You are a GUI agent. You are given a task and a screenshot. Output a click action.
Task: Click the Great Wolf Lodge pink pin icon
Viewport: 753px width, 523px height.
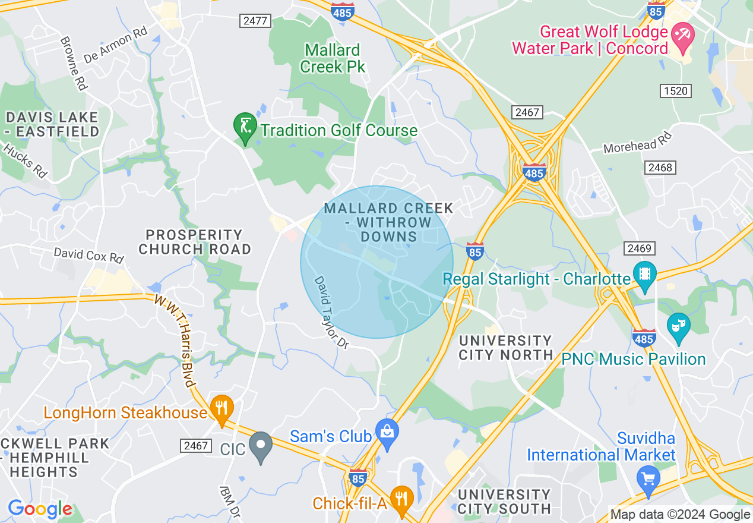click(682, 34)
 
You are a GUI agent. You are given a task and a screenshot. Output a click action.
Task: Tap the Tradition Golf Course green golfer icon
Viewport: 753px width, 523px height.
click(245, 127)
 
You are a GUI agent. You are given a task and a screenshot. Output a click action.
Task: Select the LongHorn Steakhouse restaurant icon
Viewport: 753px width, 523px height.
click(222, 409)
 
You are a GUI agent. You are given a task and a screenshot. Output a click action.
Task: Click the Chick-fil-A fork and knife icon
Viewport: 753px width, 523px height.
click(402, 499)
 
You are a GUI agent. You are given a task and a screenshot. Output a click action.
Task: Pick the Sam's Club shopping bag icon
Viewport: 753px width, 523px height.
click(387, 433)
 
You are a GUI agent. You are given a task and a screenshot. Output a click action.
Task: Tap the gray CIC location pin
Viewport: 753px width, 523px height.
click(260, 446)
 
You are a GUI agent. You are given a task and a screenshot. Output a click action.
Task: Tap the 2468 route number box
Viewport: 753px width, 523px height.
click(660, 168)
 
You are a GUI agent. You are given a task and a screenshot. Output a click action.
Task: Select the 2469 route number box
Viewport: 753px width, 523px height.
click(639, 248)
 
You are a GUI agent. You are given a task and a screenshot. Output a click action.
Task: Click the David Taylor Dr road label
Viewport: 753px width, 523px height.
click(330, 311)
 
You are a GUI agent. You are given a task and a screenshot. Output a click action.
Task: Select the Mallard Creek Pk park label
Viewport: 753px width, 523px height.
click(332, 58)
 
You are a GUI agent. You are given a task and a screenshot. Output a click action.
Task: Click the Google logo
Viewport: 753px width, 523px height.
click(40, 509)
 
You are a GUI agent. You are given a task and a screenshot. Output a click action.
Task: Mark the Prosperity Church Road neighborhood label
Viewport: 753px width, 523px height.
click(194, 242)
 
